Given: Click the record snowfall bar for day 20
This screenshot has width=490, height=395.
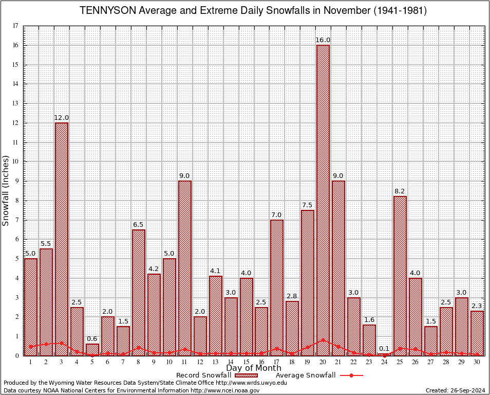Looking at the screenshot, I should [x=323, y=200].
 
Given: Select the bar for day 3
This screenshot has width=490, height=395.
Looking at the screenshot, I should [x=62, y=239].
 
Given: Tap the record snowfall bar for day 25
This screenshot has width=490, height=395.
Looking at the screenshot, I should [x=400, y=276].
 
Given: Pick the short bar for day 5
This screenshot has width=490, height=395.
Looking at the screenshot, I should [x=92, y=349].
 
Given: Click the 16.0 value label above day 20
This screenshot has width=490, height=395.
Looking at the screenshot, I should [x=323, y=40].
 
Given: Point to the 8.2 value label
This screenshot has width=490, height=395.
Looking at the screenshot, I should [x=400, y=191].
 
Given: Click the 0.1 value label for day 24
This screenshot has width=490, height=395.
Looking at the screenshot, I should [x=385, y=349].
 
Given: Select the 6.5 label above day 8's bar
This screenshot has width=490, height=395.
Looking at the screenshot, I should [x=138, y=225].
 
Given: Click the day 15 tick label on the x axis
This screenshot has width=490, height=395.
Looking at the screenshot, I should [x=246, y=362].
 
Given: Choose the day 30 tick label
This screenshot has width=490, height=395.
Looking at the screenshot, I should [x=477, y=362].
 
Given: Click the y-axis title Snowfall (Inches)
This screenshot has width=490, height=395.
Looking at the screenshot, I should [x=6, y=190].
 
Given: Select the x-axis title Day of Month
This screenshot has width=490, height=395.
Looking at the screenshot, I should [x=253, y=368].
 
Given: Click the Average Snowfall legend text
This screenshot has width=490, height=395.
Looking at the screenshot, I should [x=301, y=375].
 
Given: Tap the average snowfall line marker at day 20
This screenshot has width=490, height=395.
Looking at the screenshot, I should [x=323, y=340].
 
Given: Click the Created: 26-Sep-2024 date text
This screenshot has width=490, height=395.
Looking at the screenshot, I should [x=455, y=391].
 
